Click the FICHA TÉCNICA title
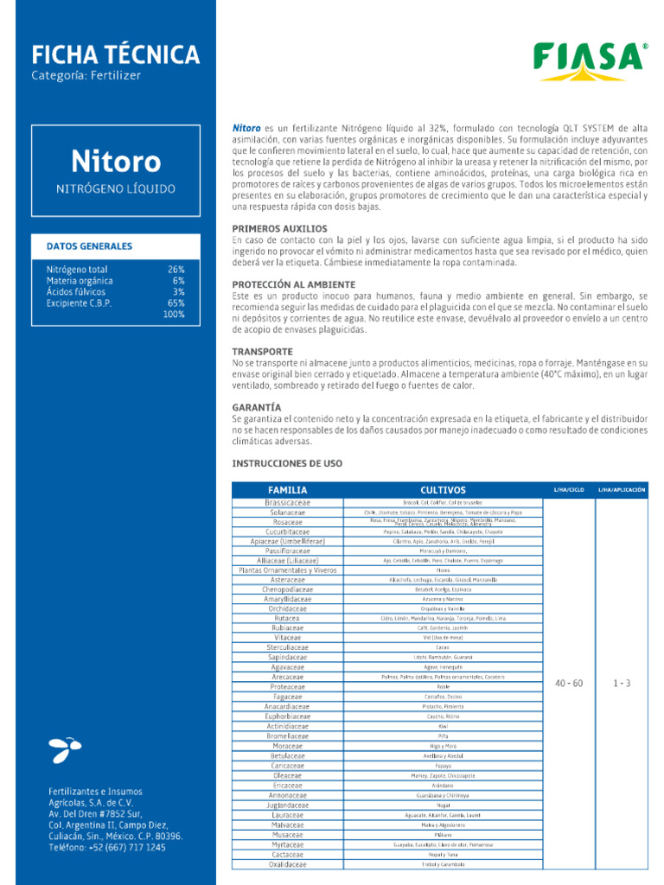115,55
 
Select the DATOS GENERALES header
89,246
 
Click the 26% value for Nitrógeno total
176,270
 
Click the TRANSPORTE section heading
263,352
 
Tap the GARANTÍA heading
257,406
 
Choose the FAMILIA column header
288,490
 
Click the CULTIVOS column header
443,490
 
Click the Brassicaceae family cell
288,502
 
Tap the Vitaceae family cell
288,637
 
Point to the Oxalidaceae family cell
288,863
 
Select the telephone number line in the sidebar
106,848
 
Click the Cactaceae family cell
288,854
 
